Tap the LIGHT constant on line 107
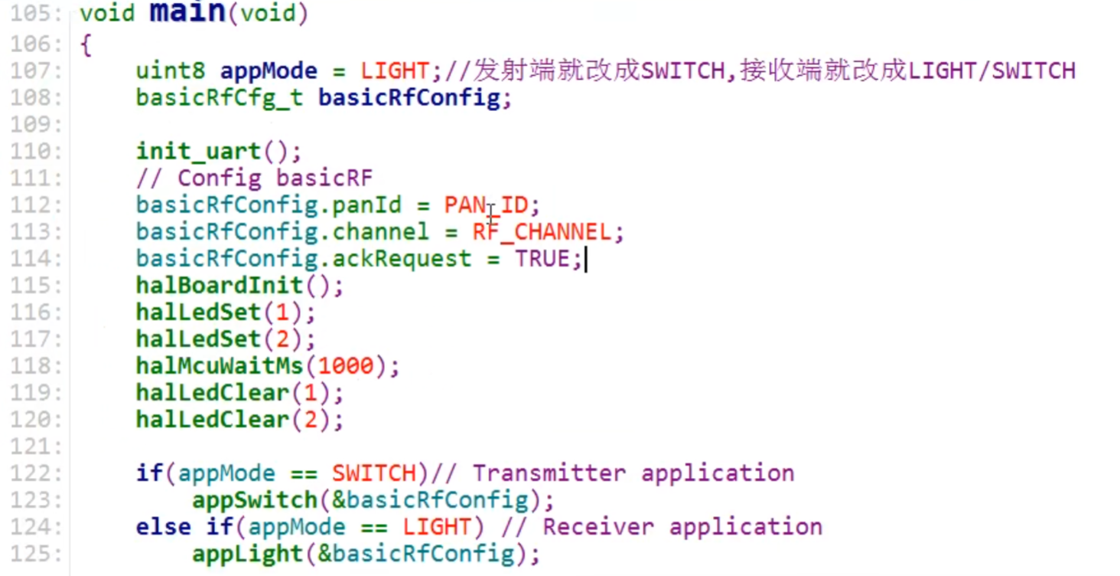point(395,71)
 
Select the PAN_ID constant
point(485,205)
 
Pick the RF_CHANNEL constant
point(541,232)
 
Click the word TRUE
point(542,259)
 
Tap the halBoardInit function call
point(220,286)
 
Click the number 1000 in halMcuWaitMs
point(346,366)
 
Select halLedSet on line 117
point(198,339)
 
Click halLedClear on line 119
point(212,393)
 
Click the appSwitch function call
point(254,500)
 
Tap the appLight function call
point(247,554)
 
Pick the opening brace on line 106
point(85,45)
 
